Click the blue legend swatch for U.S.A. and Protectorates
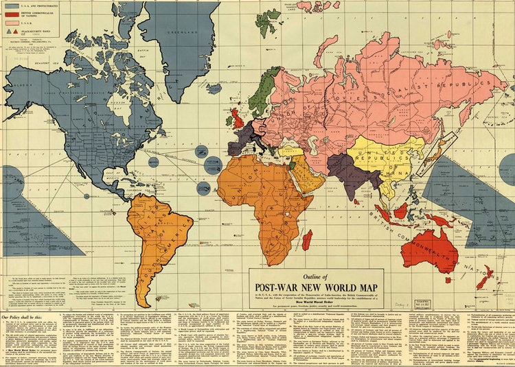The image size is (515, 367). coord(13,5)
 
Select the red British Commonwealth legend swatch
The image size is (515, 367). coord(13,14)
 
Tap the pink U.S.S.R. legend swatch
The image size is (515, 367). coord(13,23)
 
